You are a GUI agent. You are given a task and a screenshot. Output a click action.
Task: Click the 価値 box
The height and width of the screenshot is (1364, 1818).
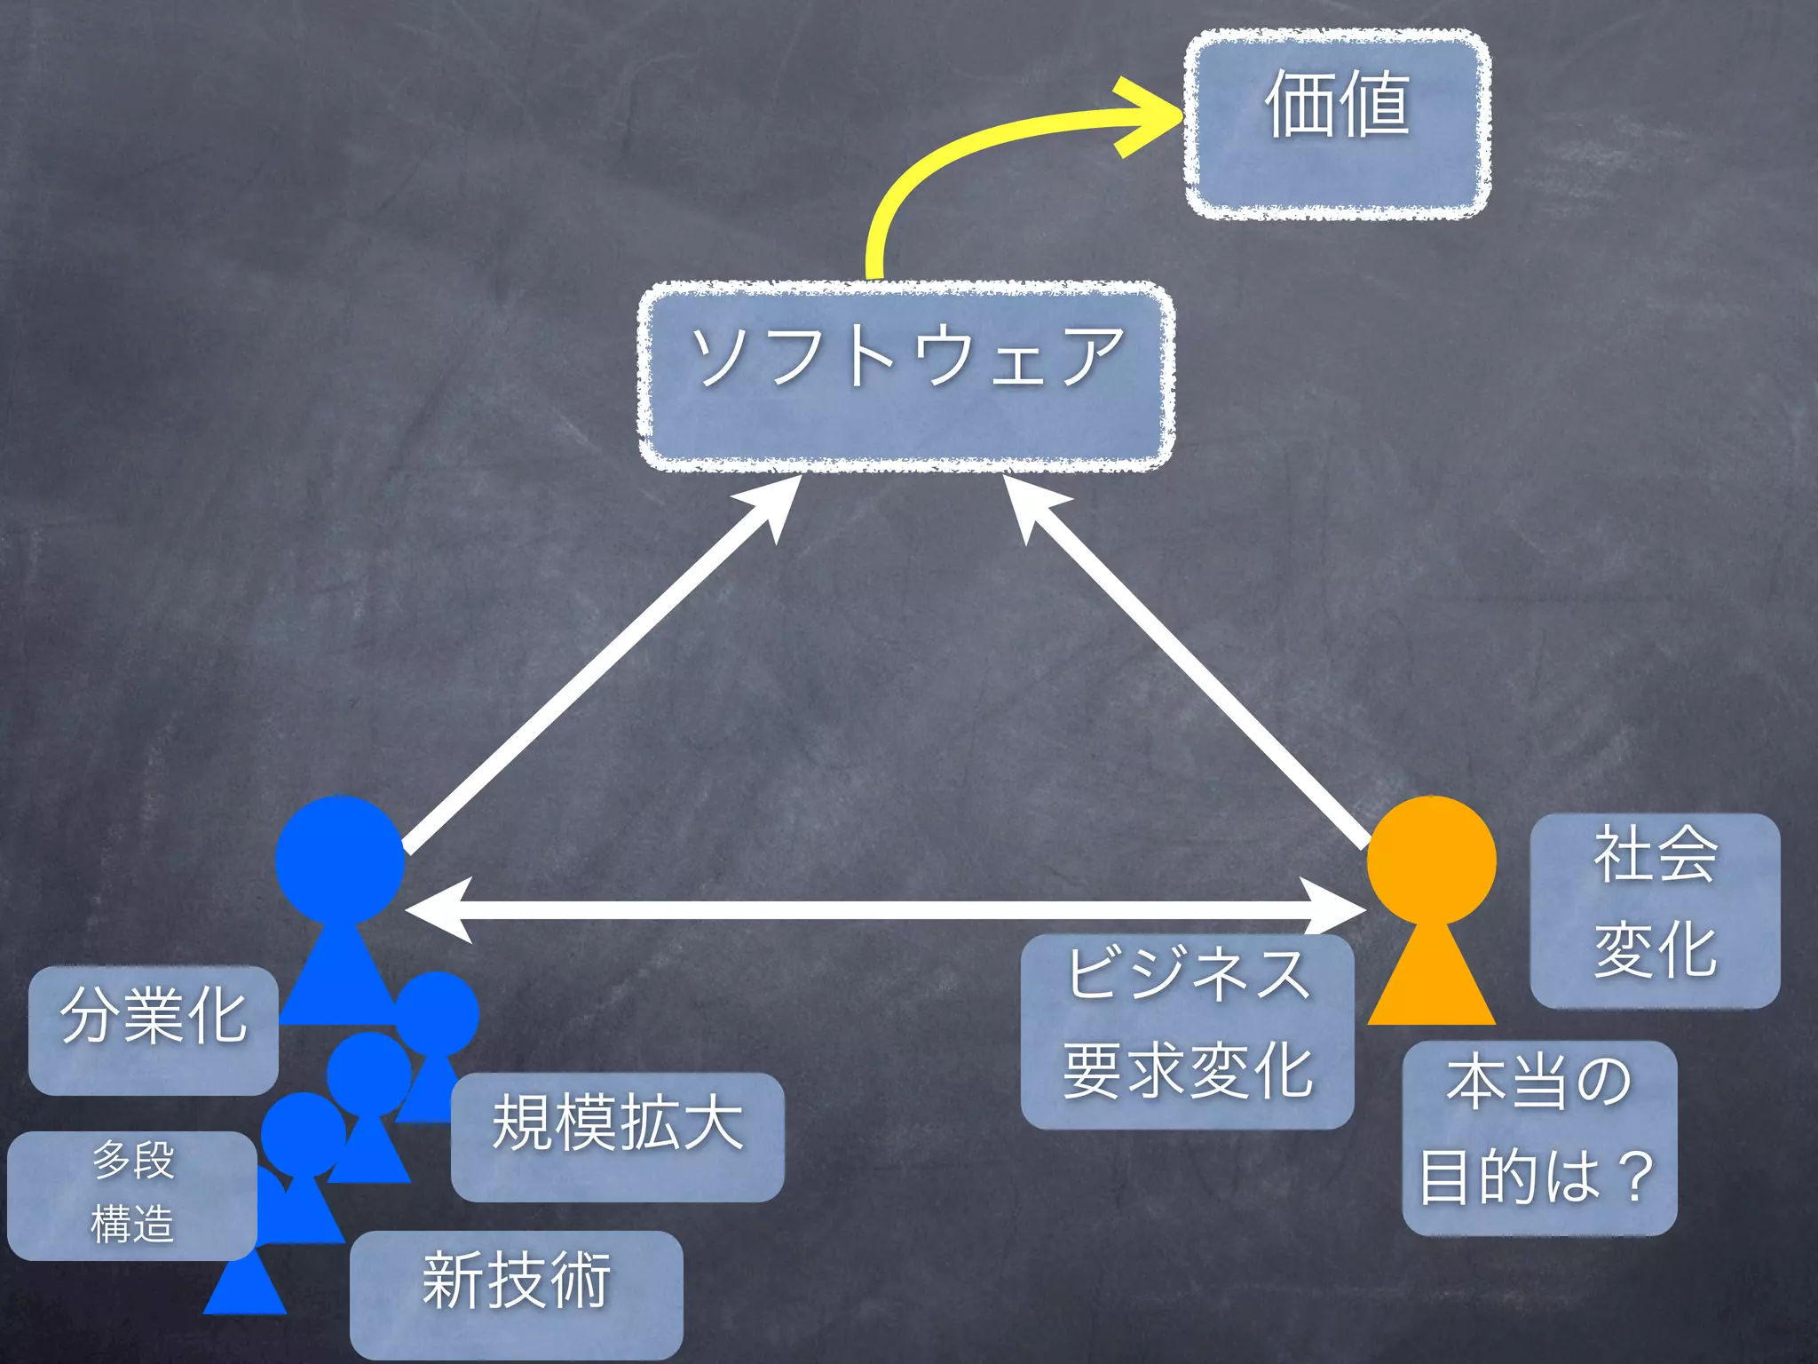1338,124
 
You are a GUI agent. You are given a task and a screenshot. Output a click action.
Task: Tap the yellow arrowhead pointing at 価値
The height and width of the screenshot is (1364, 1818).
1145,116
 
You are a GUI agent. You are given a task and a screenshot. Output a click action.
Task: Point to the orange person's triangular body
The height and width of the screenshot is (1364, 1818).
1431,981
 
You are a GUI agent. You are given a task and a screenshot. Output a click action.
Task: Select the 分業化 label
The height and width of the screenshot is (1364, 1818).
154,1029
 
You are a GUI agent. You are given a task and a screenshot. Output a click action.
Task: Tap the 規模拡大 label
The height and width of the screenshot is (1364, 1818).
617,1137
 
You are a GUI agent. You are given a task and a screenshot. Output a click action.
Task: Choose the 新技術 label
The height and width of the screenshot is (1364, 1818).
516,1293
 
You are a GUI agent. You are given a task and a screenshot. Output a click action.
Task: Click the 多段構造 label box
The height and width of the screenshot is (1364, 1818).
132,1195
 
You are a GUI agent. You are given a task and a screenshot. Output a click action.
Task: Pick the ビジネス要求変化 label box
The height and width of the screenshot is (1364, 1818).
1187,1031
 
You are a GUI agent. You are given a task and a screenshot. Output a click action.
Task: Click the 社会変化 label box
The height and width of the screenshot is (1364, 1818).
1655,910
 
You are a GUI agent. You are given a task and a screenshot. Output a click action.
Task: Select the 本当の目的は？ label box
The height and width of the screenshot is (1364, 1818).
1539,1138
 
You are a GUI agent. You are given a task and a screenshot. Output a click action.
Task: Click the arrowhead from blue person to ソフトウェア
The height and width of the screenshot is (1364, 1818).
776,502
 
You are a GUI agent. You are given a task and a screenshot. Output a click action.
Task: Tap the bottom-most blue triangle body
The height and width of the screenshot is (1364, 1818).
245,1288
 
